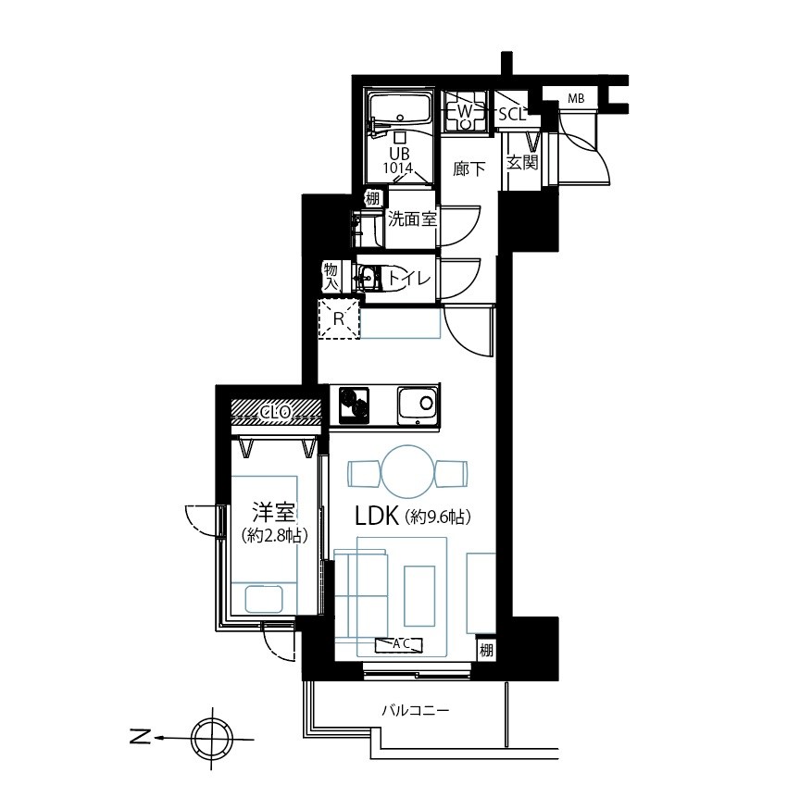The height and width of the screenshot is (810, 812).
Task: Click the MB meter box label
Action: [x=576, y=98]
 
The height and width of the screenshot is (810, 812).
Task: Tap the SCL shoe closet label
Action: [x=512, y=114]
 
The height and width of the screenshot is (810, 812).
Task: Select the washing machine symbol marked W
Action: [x=465, y=111]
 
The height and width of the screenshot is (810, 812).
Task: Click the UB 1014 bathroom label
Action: [x=398, y=160]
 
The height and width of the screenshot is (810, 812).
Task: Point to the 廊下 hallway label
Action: [x=469, y=168]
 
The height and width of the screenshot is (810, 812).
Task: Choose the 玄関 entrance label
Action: [x=522, y=162]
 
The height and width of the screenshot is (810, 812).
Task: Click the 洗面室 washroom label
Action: [x=412, y=219]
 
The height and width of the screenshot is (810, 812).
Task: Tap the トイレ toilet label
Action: [x=409, y=280]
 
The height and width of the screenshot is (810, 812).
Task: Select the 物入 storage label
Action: [x=331, y=277]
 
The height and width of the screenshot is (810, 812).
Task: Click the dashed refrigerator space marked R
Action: [x=339, y=319]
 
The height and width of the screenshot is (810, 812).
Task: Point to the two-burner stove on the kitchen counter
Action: [x=354, y=405]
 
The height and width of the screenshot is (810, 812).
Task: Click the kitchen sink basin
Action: [x=418, y=404]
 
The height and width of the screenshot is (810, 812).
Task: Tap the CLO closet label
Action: [x=276, y=412]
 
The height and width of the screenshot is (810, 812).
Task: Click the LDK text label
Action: [x=377, y=517]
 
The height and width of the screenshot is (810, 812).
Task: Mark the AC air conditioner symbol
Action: [x=399, y=645]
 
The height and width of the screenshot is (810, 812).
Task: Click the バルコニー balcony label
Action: [x=416, y=711]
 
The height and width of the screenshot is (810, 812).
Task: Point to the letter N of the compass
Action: [x=140, y=736]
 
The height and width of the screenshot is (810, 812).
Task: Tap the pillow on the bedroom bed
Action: [x=264, y=599]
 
